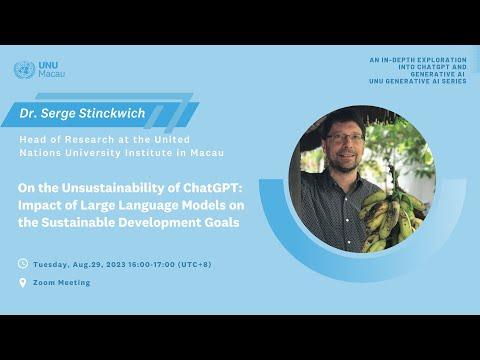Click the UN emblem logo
tap(24, 70)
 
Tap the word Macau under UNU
tap(52, 74)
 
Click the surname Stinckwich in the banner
tap(112, 113)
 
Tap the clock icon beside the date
tap(23, 264)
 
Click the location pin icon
tap(23, 283)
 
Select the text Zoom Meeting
tap(62, 283)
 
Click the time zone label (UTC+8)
tap(195, 265)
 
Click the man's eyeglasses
tap(345, 138)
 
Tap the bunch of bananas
tap(392, 218)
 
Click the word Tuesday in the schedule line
tap(51, 265)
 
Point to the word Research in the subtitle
tap(89, 139)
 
